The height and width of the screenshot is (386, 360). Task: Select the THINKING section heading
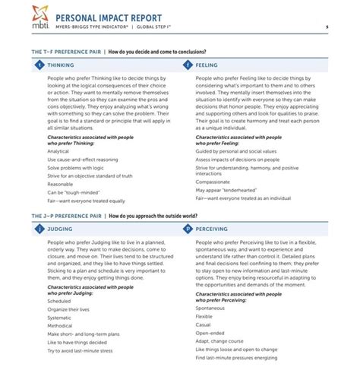(x=62, y=65)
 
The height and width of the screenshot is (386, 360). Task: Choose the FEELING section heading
(x=207, y=65)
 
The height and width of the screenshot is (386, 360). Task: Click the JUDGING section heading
(x=61, y=228)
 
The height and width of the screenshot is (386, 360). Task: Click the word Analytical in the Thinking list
(x=58, y=151)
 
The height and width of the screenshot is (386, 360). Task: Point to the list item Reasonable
(x=60, y=184)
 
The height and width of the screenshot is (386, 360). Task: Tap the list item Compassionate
(x=213, y=182)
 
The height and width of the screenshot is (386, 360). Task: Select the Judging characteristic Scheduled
(x=59, y=301)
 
